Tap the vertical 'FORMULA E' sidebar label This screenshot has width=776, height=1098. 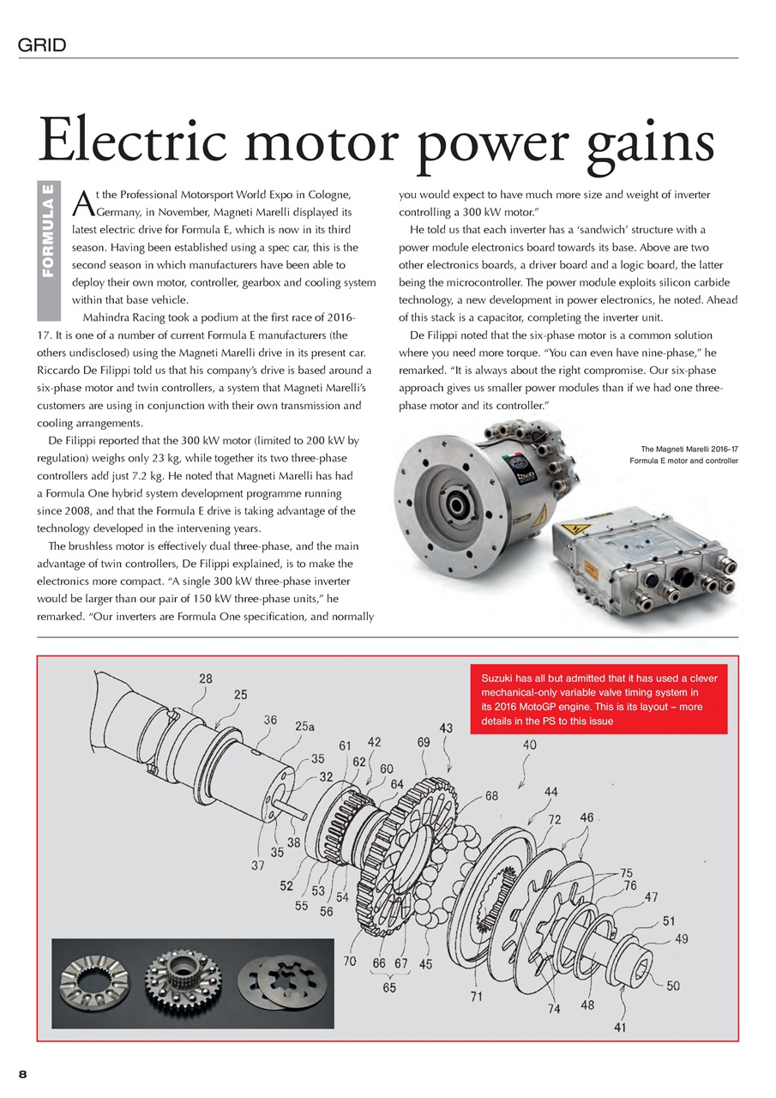[x=48, y=231]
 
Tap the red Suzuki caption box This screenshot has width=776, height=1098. [x=599, y=699]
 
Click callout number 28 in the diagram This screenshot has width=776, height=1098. [x=206, y=679]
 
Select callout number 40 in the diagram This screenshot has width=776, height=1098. [x=529, y=745]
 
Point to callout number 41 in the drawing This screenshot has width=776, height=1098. [x=619, y=1025]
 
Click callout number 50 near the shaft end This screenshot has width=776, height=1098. [x=672, y=986]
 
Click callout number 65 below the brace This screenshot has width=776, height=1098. [x=390, y=987]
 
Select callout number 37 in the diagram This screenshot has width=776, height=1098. [x=257, y=865]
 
